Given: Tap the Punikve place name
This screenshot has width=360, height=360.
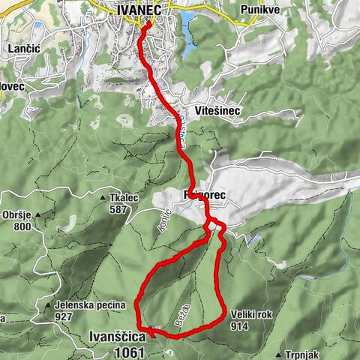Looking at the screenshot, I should pos(259,8).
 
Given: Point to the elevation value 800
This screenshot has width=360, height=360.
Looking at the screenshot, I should pos(22,226).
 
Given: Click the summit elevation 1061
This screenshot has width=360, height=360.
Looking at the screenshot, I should pos(129,351).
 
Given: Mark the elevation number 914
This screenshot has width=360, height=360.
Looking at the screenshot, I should pos(240,327).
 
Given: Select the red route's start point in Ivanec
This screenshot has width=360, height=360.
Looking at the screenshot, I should pos(147,23).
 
